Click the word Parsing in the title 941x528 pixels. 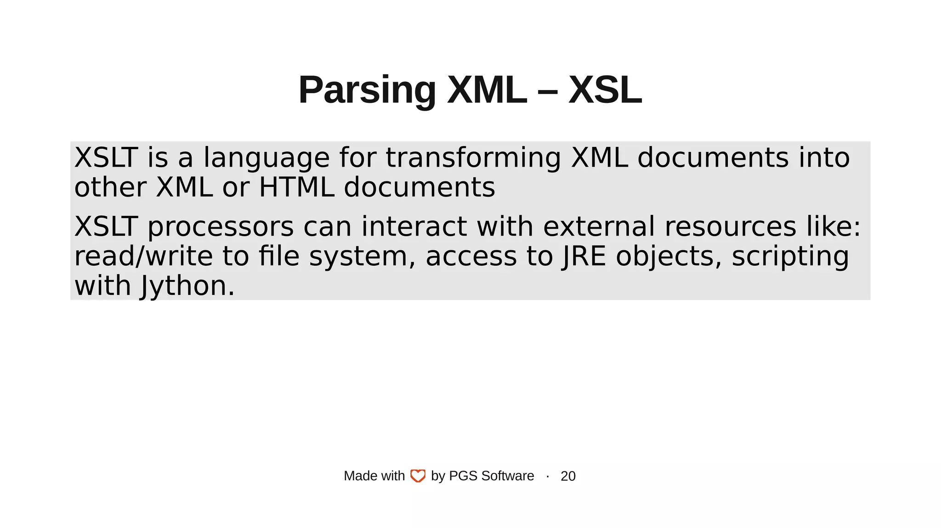click(x=367, y=90)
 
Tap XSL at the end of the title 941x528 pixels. click(x=605, y=90)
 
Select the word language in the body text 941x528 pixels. click(x=266, y=158)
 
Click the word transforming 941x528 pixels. click(x=473, y=158)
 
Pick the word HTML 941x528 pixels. click(x=296, y=188)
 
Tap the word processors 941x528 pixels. click(x=221, y=227)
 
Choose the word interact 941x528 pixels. click(x=414, y=227)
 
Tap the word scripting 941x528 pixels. click(x=790, y=257)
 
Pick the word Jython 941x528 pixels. click(x=187, y=286)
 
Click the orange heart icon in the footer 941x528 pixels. click(x=418, y=476)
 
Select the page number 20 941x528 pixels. click(x=568, y=476)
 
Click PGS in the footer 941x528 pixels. click(x=463, y=476)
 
